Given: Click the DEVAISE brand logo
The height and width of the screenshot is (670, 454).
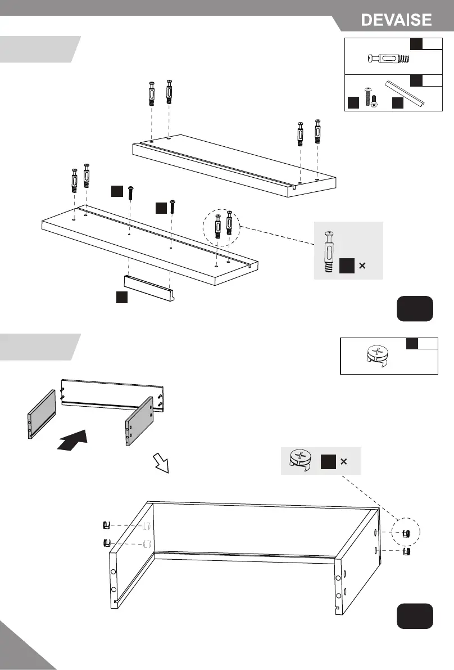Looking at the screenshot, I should [397, 20].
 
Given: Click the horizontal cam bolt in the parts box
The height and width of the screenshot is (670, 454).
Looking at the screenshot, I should [388, 58].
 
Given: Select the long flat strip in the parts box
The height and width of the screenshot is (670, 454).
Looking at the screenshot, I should [405, 93].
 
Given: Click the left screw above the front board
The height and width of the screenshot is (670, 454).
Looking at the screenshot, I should [131, 193].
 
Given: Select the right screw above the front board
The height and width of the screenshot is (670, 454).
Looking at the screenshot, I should [172, 205].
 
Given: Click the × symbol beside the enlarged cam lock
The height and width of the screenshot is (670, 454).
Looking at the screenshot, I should [343, 462].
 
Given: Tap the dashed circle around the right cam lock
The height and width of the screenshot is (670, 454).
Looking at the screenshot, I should [408, 533].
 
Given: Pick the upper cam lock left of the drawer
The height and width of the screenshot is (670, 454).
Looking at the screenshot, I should [105, 525].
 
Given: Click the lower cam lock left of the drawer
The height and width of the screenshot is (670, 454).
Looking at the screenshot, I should [105, 543].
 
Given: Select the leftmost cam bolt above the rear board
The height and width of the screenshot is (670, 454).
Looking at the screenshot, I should [151, 93].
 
